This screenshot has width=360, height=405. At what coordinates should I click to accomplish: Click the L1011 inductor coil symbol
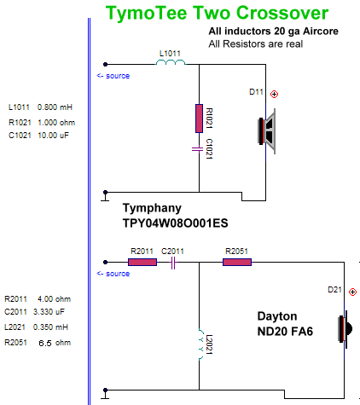(171, 62)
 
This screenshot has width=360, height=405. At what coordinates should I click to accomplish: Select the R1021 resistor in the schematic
(199, 119)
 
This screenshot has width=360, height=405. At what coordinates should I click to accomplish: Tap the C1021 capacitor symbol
(197, 149)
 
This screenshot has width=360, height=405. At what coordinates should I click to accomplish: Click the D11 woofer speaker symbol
(267, 131)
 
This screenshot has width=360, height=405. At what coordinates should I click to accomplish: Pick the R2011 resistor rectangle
(142, 262)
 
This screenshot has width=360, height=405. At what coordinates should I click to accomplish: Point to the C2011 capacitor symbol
(173, 263)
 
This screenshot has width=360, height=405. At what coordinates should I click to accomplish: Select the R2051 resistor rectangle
(237, 262)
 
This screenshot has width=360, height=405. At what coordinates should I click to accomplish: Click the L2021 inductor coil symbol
(201, 344)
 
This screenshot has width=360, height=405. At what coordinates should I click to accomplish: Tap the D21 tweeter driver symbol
(345, 329)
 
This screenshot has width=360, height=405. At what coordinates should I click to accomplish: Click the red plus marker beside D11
(274, 94)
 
